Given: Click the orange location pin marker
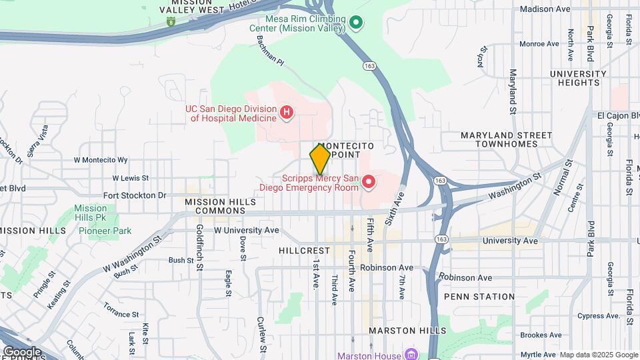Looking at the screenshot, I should pyautogui.click(x=320, y=159).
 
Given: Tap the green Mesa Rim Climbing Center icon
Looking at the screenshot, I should pyautogui.click(x=356, y=23).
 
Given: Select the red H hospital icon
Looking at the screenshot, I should pyautogui.click(x=286, y=112).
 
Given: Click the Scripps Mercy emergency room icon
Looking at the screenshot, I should pyautogui.click(x=367, y=181).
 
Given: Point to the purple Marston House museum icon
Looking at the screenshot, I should pyautogui.click(x=411, y=355).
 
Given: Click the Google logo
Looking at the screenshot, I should pyautogui.click(x=21, y=351).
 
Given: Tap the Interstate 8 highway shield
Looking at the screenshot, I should pyautogui.click(x=172, y=22).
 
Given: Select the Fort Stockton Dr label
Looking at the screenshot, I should pyautogui.click(x=135, y=195).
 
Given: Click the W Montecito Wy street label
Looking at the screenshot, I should pyautogui.click(x=100, y=160).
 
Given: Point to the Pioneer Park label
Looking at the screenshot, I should pyautogui.click(x=105, y=231).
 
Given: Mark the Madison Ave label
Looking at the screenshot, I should pyautogui.click(x=545, y=9).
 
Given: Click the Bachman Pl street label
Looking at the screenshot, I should pyautogui.click(x=271, y=51).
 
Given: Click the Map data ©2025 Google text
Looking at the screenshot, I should pyautogui.click(x=599, y=355).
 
